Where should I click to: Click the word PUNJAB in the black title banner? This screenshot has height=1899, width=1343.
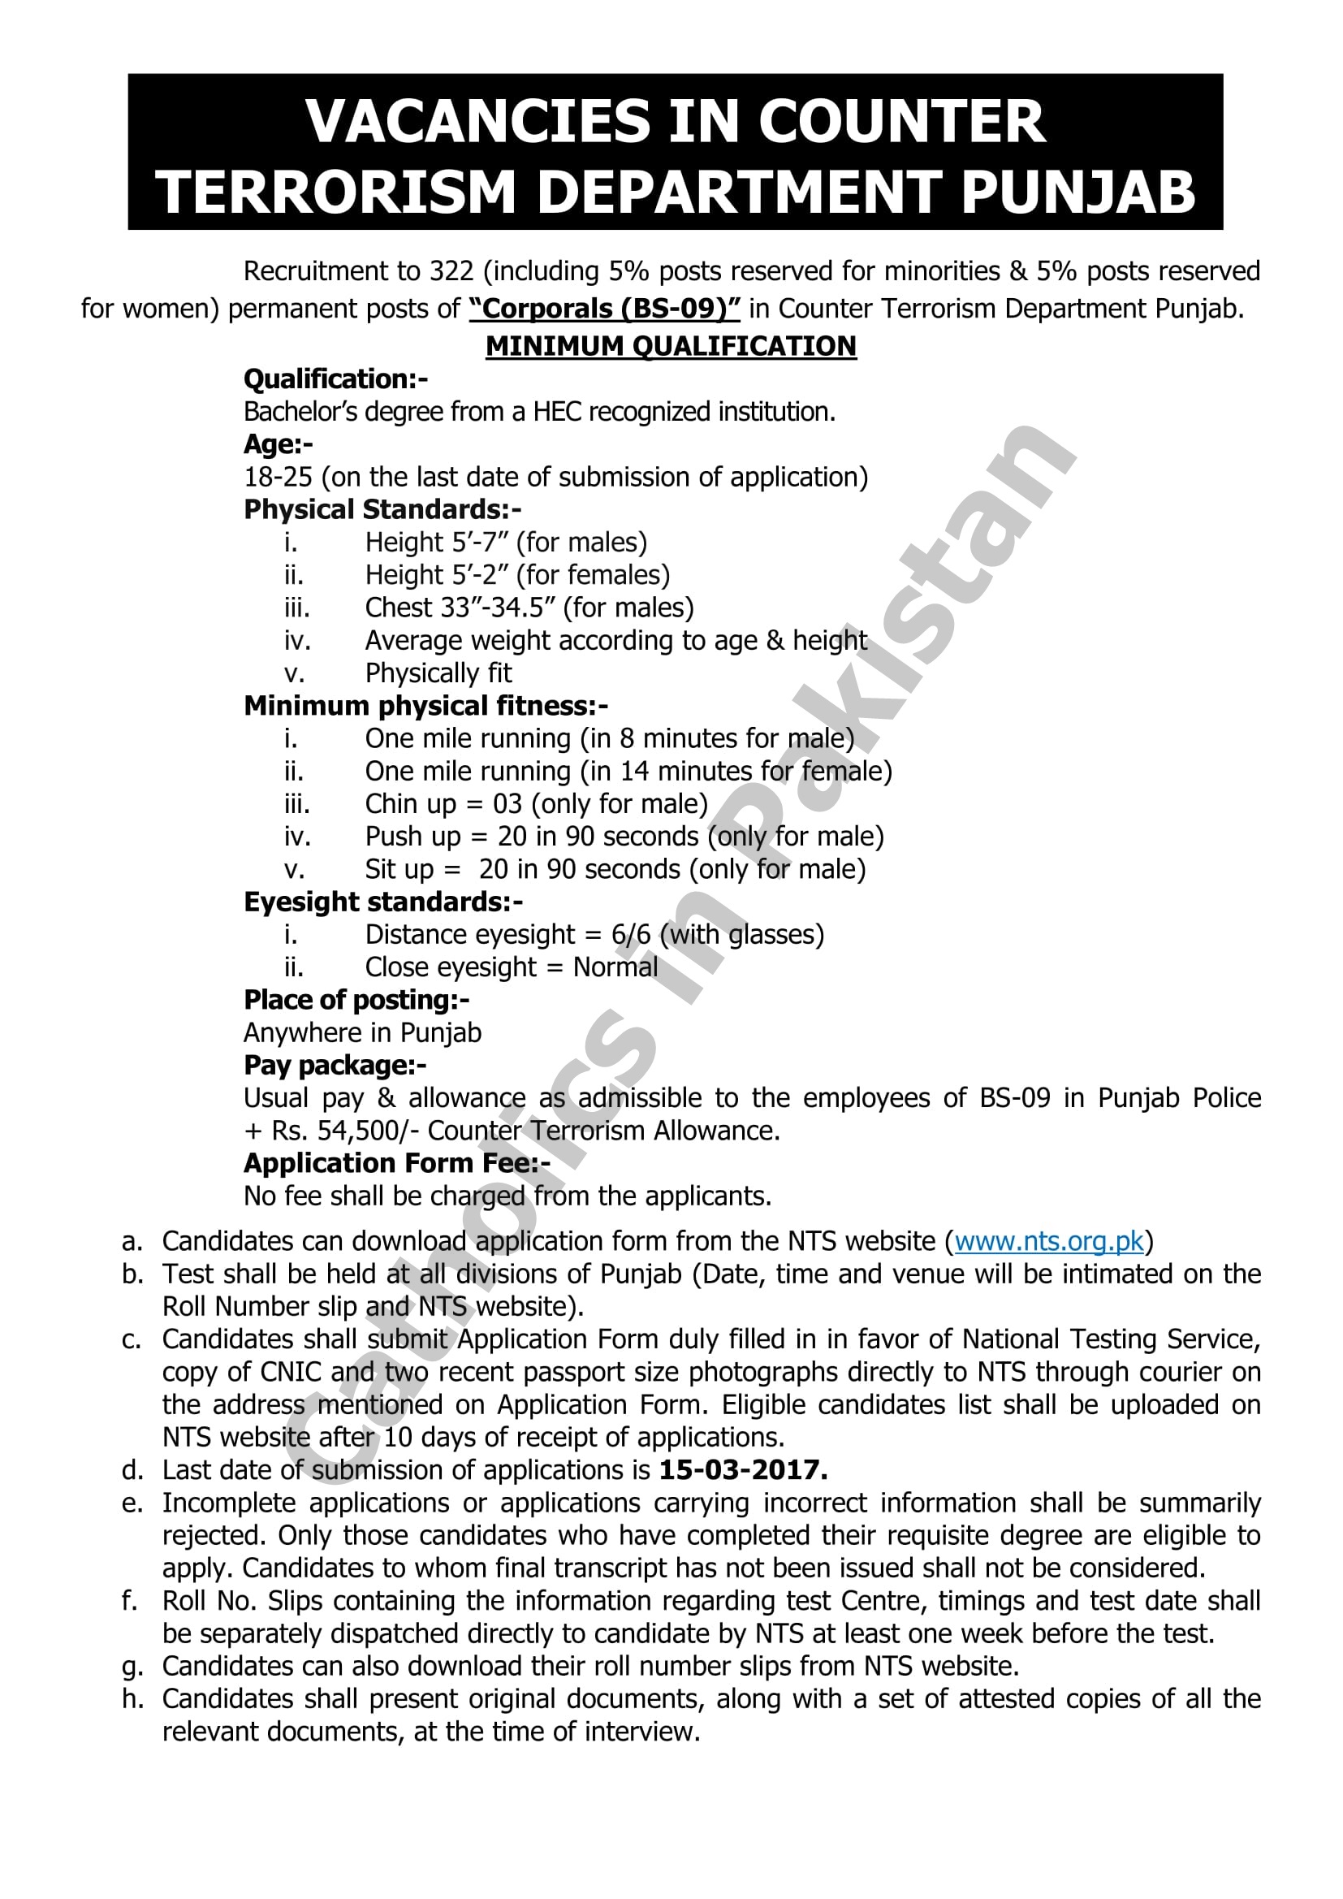click(1078, 192)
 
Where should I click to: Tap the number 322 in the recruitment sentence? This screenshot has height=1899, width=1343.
click(451, 271)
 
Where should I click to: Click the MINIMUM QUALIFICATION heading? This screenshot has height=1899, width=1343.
click(671, 346)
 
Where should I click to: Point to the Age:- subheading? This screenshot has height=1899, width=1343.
click(278, 444)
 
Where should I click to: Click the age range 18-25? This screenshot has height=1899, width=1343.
click(278, 478)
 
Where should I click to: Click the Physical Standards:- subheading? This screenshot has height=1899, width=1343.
click(382, 509)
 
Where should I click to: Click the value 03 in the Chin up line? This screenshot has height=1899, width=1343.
click(507, 804)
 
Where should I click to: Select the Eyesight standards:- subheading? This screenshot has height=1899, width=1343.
click(383, 902)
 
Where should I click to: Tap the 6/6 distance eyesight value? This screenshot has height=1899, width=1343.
click(631, 935)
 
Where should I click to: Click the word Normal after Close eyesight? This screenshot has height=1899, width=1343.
click(615, 967)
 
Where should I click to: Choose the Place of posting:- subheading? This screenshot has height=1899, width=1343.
click(356, 1000)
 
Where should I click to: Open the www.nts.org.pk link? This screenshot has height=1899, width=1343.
click(1048, 1241)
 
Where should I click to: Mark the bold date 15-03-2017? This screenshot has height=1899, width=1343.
click(743, 1470)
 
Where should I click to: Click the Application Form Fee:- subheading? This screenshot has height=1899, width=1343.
click(397, 1163)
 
